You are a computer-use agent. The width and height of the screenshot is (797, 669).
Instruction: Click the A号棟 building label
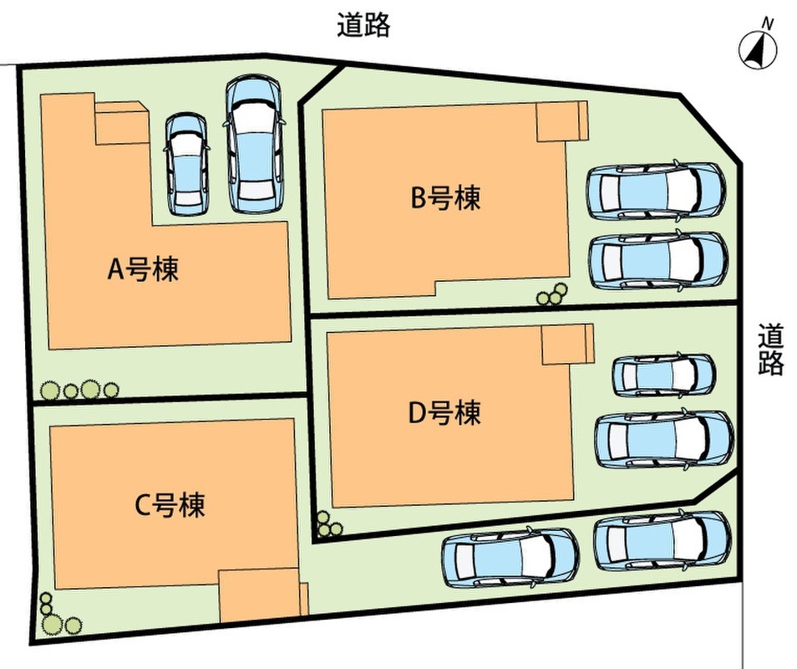point(145,269)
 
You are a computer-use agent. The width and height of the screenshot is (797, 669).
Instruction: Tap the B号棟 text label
point(445,198)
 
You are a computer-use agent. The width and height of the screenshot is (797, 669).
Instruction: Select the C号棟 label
point(170,504)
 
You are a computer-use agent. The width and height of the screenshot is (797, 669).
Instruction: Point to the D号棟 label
point(444,412)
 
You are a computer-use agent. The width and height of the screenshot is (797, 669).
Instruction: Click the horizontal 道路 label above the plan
point(363,26)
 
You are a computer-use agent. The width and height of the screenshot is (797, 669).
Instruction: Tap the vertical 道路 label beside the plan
point(771,350)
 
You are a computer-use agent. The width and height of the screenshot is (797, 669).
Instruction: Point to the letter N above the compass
point(767,25)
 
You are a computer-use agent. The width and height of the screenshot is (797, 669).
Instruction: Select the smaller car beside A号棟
point(186,164)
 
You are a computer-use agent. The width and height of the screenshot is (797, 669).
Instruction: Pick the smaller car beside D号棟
point(663,375)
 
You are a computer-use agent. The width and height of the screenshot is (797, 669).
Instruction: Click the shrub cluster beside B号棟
point(552,294)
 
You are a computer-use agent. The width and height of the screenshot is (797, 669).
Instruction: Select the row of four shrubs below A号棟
point(80,389)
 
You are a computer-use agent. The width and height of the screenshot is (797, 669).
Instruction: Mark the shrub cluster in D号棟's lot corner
point(328,523)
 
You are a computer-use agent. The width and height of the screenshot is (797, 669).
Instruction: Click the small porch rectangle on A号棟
point(122,124)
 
